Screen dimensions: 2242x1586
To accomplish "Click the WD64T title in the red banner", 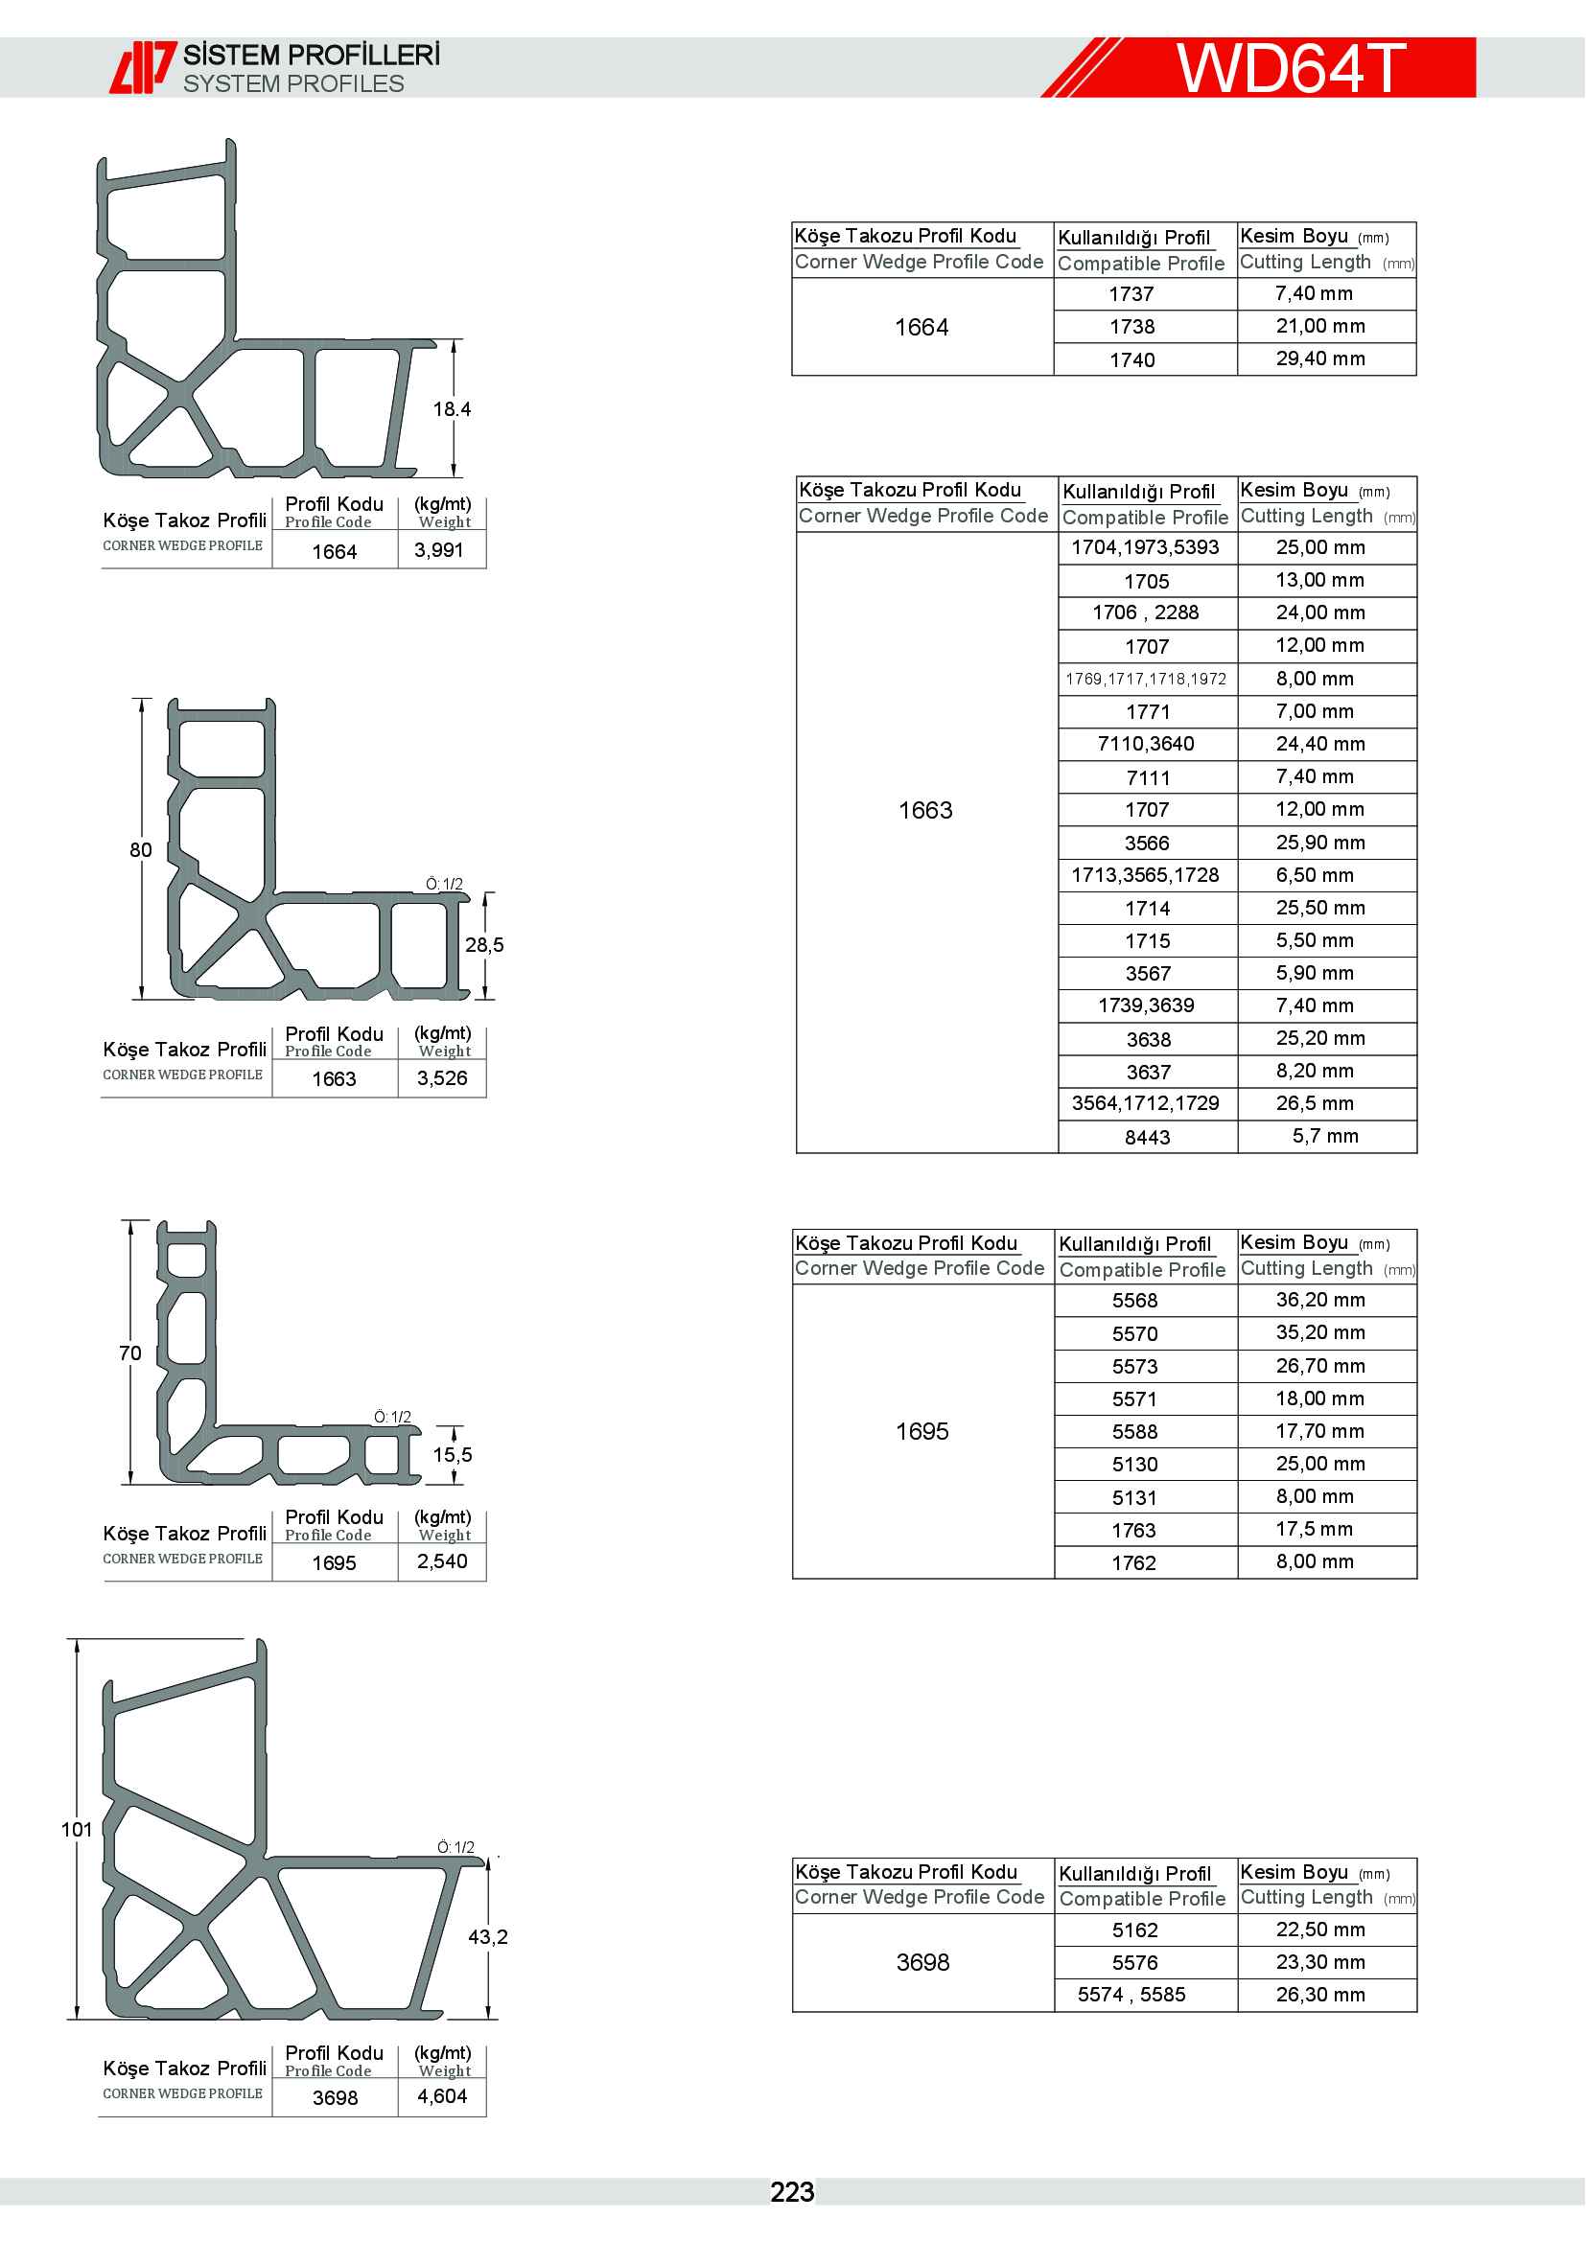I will tap(1290, 67).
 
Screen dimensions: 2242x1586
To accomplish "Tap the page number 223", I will tap(791, 2192).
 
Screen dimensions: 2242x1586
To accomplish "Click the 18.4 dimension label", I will tap(452, 409).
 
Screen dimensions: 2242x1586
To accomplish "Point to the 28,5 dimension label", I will tap(484, 944).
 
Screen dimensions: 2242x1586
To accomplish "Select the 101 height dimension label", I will tap(76, 1829).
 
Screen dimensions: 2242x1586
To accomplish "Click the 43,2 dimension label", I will tap(487, 1936).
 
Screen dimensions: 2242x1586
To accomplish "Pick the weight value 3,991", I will tap(438, 550).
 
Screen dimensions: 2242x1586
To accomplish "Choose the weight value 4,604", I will tap(441, 2096).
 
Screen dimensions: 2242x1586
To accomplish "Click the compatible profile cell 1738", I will tap(1131, 327).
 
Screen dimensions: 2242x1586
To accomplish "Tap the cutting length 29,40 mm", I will tap(1320, 358).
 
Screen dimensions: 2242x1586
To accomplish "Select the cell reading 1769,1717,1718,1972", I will tap(1146, 679).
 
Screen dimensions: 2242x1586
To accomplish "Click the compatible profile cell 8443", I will tap(1147, 1137).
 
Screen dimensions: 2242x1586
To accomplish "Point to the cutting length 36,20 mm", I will tap(1320, 1300).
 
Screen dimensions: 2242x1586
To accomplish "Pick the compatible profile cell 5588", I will tap(1133, 1431).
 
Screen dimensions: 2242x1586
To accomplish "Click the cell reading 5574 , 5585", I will tap(1131, 1994).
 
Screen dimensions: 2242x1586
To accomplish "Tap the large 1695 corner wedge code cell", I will tap(921, 1431).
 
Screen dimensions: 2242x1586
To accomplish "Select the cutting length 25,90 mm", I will tap(1320, 842).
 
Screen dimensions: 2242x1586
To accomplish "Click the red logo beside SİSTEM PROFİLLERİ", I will tap(143, 67).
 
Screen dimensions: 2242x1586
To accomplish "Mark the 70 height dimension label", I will tap(129, 1352).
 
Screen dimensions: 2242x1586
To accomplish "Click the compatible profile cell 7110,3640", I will tap(1146, 744).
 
